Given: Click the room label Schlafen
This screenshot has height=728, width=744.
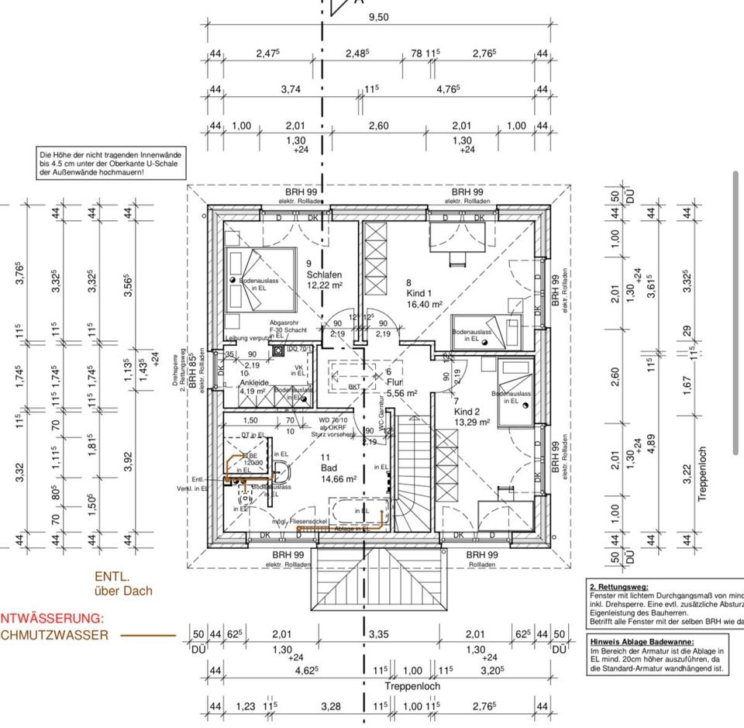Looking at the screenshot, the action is (x=324, y=274).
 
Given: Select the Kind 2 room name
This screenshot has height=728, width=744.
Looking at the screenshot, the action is (x=468, y=411).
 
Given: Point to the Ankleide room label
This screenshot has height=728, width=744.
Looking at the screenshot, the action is (x=254, y=381).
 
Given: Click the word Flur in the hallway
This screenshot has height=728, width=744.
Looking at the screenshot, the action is (x=394, y=382).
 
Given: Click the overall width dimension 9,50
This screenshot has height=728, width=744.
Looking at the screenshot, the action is (x=378, y=17).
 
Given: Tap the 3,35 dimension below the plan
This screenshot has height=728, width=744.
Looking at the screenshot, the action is (x=379, y=634).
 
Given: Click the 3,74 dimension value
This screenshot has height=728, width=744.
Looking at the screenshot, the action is (x=291, y=89).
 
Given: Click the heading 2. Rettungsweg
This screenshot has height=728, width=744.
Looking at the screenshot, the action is (x=619, y=587).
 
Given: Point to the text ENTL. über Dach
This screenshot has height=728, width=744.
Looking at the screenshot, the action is (x=123, y=583).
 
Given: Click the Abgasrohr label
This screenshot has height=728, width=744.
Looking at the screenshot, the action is (x=284, y=322).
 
